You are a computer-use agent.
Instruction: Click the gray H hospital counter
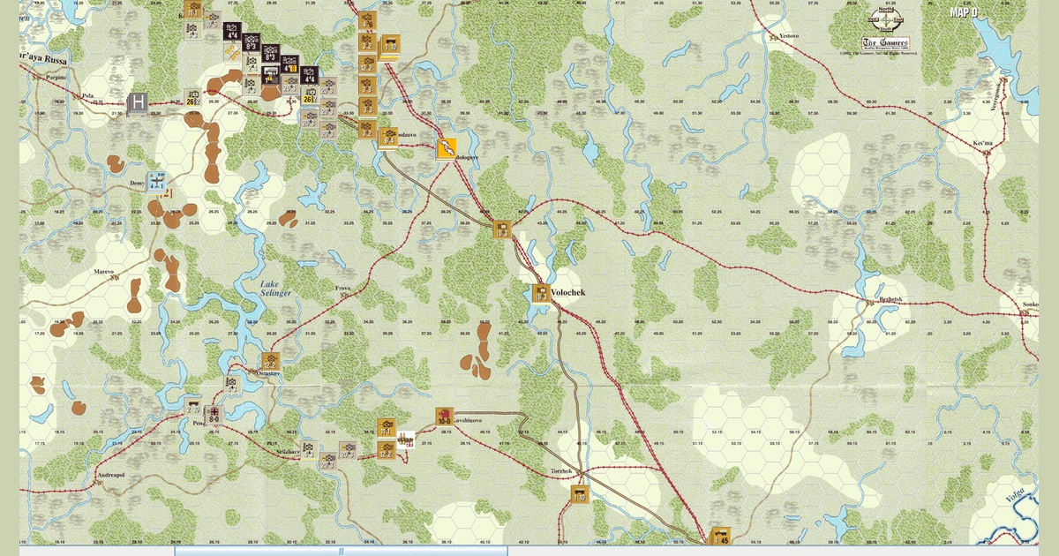click(137, 103)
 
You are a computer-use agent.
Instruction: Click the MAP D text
click(963, 12)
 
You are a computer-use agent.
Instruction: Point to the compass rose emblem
click(890, 21)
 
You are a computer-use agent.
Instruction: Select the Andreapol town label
click(109, 473)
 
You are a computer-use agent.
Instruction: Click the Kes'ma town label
click(984, 141)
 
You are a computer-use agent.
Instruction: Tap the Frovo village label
click(342, 289)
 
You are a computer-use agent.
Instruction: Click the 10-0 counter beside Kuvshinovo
click(444, 416)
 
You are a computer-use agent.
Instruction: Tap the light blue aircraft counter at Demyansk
click(158, 182)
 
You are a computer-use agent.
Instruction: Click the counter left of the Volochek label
click(540, 294)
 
